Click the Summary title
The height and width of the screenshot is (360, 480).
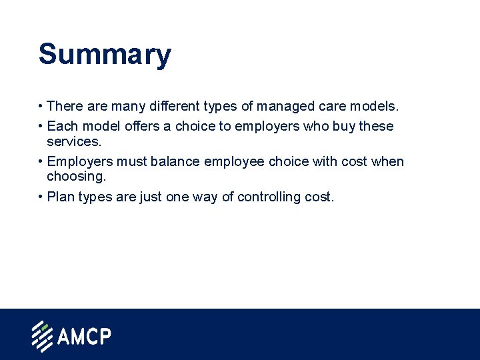click(105, 55)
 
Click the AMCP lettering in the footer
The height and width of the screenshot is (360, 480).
click(83, 336)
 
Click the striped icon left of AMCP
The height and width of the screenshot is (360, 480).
click(42, 336)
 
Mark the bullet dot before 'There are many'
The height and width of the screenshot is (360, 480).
click(41, 107)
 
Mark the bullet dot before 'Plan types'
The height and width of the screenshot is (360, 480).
click(41, 197)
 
